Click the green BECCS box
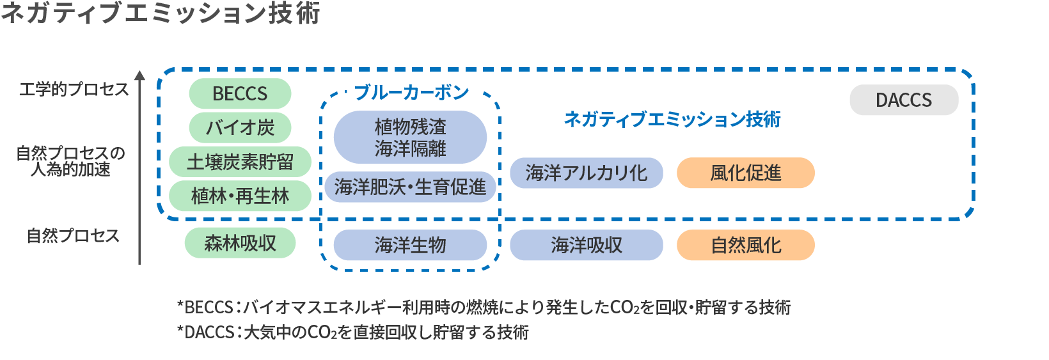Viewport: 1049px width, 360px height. tap(240, 94)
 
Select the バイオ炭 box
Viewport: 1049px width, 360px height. tap(240, 128)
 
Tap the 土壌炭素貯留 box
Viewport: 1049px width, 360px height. tap(240, 162)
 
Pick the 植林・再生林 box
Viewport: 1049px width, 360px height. tap(240, 196)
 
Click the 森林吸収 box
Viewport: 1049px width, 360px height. tap(240, 243)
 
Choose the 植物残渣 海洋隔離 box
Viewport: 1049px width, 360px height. tap(410, 137)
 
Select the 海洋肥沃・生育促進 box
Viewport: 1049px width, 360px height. tap(410, 187)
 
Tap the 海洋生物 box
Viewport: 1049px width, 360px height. tap(410, 245)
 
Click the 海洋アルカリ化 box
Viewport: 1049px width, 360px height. tap(586, 173)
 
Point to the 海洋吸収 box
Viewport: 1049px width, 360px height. tap(586, 245)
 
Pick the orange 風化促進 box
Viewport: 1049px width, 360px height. tap(745, 173)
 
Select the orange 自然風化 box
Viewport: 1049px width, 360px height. tap(745, 245)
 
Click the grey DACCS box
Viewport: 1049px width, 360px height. tap(903, 100)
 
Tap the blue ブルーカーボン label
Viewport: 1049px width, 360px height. tap(411, 93)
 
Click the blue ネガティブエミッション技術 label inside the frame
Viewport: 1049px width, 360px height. tap(672, 119)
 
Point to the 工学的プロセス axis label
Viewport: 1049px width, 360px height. tap(74, 90)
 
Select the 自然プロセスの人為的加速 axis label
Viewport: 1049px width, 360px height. tap(70, 161)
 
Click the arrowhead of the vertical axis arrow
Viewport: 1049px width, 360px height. tap(139, 75)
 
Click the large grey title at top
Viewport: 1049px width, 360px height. tap(160, 13)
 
